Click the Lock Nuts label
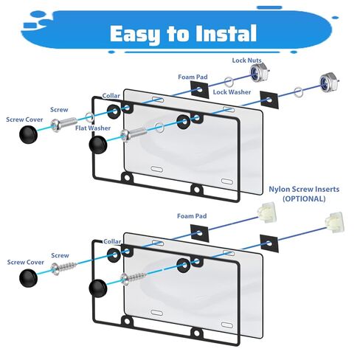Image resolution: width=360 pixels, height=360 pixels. pyautogui.click(x=246, y=60)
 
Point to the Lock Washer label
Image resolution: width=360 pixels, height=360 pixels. pyautogui.click(x=232, y=92)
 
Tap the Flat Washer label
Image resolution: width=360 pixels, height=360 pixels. pyautogui.click(x=93, y=128)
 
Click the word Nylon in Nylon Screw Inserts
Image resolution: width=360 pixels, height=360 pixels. pyautogui.click(x=279, y=189)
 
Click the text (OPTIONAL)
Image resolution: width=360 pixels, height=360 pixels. pyautogui.click(x=304, y=198)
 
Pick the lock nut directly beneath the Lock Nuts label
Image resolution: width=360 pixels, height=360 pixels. pyautogui.click(x=259, y=72)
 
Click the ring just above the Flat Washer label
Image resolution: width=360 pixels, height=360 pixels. pyautogui.click(x=89, y=117)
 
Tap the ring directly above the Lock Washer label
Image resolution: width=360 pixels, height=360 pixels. pyautogui.click(x=229, y=82)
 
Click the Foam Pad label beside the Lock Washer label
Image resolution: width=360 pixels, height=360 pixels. pyautogui.click(x=193, y=77)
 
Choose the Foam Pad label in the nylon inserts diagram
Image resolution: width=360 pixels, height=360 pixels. pyautogui.click(x=192, y=216)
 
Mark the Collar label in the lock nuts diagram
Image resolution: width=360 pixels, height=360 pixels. pyautogui.click(x=111, y=96)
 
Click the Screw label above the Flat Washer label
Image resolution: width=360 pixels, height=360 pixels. pyautogui.click(x=59, y=110)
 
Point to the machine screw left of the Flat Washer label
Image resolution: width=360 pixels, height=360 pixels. pyautogui.click(x=64, y=124)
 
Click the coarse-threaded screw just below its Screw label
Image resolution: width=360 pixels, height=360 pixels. pyautogui.click(x=63, y=268)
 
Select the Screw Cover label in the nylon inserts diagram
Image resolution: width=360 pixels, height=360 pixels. pyautogui.click(x=26, y=262)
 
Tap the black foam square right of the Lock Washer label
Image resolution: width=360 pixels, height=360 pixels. pyautogui.click(x=269, y=100)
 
